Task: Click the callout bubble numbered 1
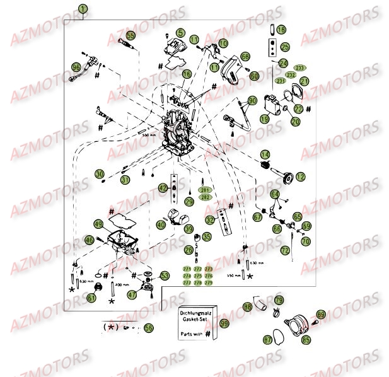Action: [x=84, y=9]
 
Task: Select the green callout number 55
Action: [x=131, y=36]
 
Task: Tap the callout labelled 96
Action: [x=76, y=67]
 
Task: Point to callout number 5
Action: [x=181, y=33]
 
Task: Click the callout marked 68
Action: [x=245, y=57]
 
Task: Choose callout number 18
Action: [x=281, y=30]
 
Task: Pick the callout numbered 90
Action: [x=252, y=101]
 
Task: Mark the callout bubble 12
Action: [x=300, y=177]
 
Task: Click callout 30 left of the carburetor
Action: [x=100, y=174]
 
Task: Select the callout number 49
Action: [x=98, y=224]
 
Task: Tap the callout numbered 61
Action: [x=91, y=298]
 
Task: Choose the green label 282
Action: [x=206, y=197]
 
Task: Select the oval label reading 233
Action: [x=300, y=68]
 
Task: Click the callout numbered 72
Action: [x=285, y=251]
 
